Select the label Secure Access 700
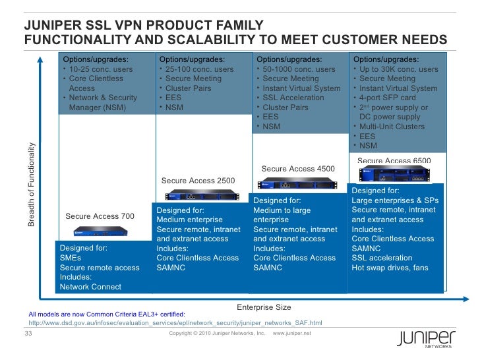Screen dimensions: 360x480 100,216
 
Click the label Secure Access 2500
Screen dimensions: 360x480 198,181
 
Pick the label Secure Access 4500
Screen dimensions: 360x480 298,169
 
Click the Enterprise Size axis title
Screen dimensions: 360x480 263,307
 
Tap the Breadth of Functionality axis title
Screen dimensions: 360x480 32,184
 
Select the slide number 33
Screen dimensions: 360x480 28,333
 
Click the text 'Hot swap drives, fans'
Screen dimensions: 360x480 390,268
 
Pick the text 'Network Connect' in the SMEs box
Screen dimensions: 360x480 90,287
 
